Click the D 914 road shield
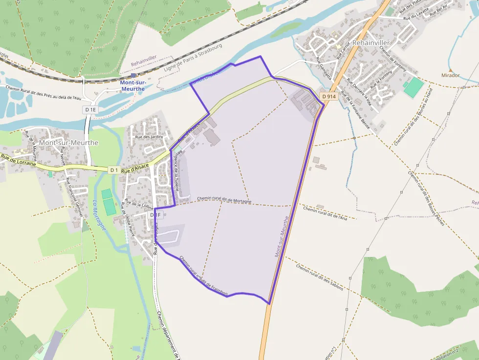click(x=329, y=96)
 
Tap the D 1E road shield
click(x=91, y=110)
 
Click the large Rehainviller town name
click(x=370, y=43)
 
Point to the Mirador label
click(x=450, y=76)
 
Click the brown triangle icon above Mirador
click(x=450, y=69)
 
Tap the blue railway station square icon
click(x=133, y=75)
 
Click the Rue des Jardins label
click(x=149, y=137)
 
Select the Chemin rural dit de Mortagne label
click(x=224, y=200)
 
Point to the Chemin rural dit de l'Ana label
click(x=325, y=213)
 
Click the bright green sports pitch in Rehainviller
click(x=414, y=87)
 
